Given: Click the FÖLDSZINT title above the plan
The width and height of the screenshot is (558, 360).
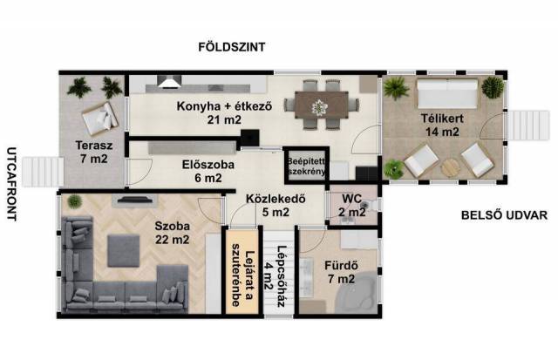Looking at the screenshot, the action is pyautogui.click(x=232, y=46).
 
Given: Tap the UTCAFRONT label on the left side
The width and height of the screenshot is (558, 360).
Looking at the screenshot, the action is pyautogui.click(x=11, y=184).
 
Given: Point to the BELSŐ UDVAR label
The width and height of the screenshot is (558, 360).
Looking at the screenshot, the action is pyautogui.click(x=504, y=215).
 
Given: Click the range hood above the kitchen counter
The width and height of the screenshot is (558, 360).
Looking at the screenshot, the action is pyautogui.click(x=169, y=82).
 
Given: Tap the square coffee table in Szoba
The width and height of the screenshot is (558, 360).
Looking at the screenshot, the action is pyautogui.click(x=124, y=251).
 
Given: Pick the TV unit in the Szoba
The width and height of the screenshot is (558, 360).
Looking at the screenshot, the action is pyautogui.click(x=135, y=200).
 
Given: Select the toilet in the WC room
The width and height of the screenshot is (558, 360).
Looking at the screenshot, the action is pyautogui.click(x=371, y=206).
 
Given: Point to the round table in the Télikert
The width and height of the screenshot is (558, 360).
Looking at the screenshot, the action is pyautogui.click(x=451, y=167).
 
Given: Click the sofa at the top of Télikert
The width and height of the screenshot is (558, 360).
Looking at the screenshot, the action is pyautogui.click(x=447, y=94).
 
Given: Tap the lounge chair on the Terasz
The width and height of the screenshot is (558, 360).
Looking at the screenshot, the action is pyautogui.click(x=100, y=119).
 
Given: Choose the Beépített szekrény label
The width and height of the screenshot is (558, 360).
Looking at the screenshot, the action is pyautogui.click(x=306, y=166).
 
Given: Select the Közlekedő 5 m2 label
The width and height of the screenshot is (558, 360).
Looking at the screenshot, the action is pyautogui.click(x=276, y=205).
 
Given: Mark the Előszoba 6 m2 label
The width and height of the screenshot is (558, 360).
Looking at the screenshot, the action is pyautogui.click(x=208, y=171).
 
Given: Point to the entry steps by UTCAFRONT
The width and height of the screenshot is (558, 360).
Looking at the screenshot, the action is pyautogui.click(x=43, y=172).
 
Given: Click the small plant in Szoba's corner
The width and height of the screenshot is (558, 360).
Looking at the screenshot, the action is pyautogui.click(x=75, y=201).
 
